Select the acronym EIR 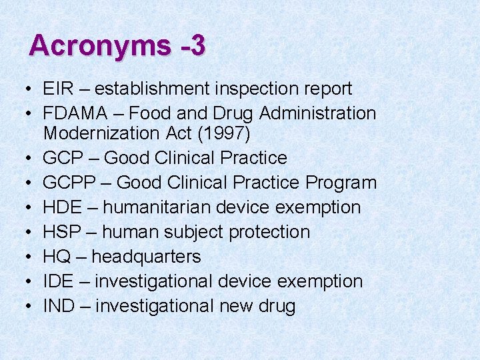tap(58, 89)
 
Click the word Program tap(341, 183)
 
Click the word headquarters tap(146, 257)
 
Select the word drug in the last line tap(276, 306)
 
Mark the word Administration tap(317, 114)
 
